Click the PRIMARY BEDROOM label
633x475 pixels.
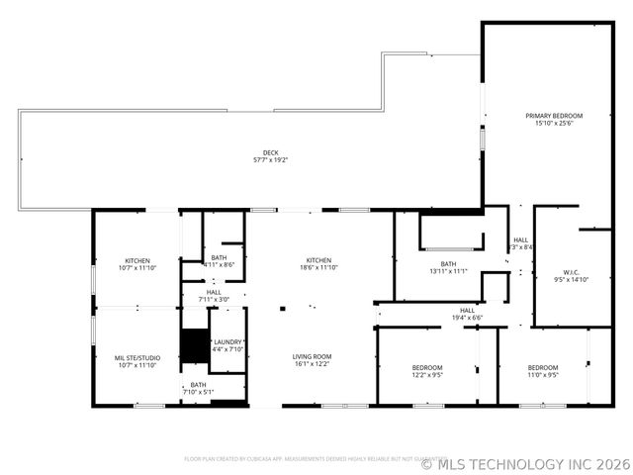click(x=554, y=116)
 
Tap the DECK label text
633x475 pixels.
click(x=270, y=152)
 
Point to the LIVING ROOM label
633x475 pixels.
click(x=312, y=356)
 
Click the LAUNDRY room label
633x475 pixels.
click(x=227, y=341)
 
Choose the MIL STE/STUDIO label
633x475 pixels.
click(x=137, y=357)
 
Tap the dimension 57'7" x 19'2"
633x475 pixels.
click(x=270, y=160)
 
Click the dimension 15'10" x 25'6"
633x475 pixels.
click(x=554, y=124)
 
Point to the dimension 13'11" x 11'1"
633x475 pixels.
click(x=448, y=272)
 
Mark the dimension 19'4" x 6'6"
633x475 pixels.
click(x=468, y=318)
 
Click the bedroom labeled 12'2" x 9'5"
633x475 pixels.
click(x=427, y=371)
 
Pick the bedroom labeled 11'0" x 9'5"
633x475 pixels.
click(x=543, y=371)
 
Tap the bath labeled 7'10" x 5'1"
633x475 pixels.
click(x=199, y=388)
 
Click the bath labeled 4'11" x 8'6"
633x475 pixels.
click(x=218, y=261)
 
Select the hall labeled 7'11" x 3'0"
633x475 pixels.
click(x=214, y=296)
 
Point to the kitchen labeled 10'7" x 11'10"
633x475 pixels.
click(x=137, y=264)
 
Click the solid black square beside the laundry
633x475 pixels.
click(x=194, y=345)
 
